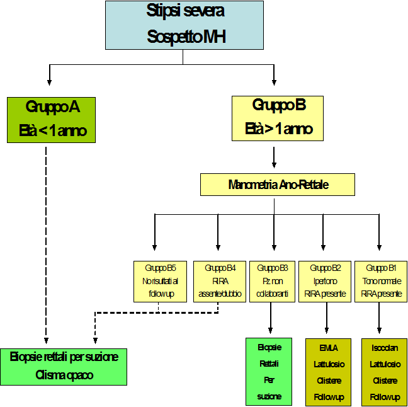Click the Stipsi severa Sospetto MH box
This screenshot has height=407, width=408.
(x=184, y=25)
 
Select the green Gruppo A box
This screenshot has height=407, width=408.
(x=51, y=120)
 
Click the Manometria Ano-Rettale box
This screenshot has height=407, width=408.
(x=278, y=185)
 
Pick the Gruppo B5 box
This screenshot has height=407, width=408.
(x=160, y=281)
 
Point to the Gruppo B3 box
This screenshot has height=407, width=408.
(x=272, y=281)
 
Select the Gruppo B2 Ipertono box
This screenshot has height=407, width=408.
(x=325, y=281)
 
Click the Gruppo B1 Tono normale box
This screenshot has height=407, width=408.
(x=380, y=281)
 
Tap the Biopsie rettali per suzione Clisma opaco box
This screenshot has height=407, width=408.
(x=64, y=367)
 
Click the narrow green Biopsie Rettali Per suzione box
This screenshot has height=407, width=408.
(x=269, y=372)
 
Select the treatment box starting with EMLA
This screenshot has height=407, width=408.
(x=328, y=372)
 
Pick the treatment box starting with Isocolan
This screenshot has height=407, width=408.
(x=384, y=372)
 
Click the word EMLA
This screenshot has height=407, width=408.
(x=328, y=348)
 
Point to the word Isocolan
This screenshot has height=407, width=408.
(x=384, y=348)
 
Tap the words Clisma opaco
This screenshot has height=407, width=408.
(x=64, y=375)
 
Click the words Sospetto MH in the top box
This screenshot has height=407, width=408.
(x=186, y=37)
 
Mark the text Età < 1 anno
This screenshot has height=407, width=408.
(x=52, y=132)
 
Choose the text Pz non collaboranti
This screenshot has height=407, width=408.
(x=272, y=288)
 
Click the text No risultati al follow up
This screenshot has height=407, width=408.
(x=160, y=288)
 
